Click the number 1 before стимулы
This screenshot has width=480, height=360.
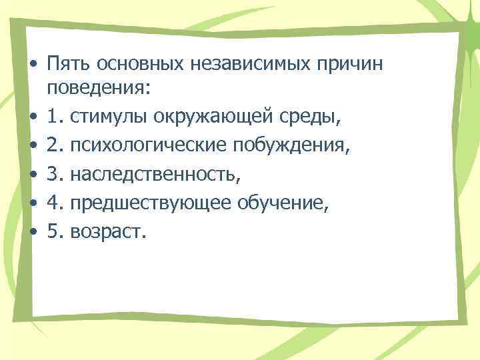pos(54,117)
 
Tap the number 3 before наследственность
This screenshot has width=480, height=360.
pos(54,175)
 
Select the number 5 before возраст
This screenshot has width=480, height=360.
pos(54,232)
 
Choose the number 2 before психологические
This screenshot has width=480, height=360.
pos(54,146)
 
